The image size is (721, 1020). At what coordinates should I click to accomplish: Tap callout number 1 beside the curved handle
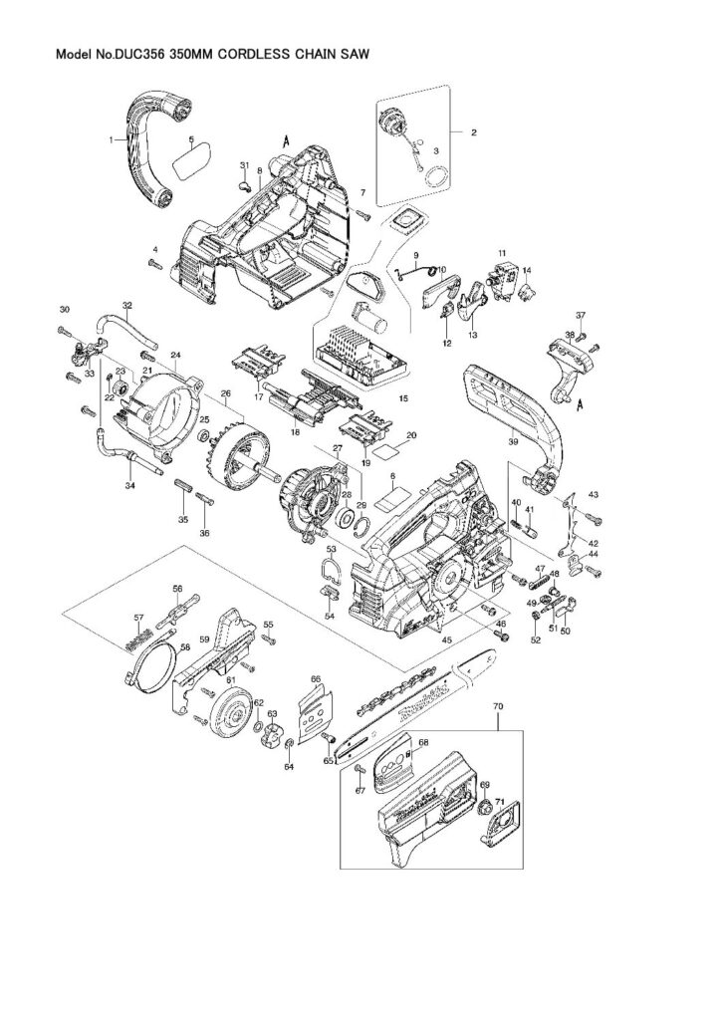click(x=113, y=140)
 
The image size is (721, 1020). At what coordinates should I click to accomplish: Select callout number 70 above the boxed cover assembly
click(x=498, y=706)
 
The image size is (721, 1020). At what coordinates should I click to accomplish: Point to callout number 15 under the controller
click(x=404, y=397)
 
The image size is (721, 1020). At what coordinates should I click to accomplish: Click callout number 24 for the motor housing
click(x=174, y=355)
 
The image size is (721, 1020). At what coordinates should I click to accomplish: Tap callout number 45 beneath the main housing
click(x=448, y=638)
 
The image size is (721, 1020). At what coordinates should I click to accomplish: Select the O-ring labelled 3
click(x=434, y=177)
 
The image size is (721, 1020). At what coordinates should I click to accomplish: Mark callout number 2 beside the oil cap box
click(x=473, y=131)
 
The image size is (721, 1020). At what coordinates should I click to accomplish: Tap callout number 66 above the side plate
click(x=316, y=678)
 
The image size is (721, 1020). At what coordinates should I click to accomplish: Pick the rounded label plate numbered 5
click(x=187, y=158)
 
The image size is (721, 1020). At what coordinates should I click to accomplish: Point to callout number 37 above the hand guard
click(x=581, y=317)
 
